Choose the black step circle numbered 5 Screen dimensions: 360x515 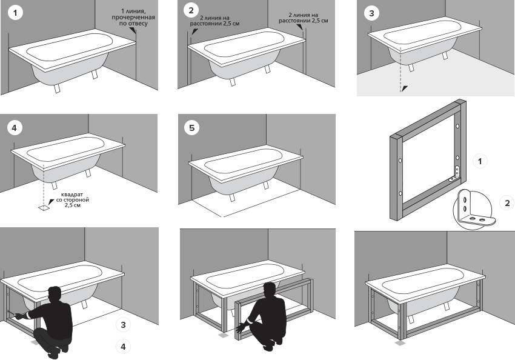pos(193,128)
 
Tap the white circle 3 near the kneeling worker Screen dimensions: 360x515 pos(124,325)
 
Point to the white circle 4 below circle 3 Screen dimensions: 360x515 pos(124,347)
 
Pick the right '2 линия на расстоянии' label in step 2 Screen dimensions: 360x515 pos(303,16)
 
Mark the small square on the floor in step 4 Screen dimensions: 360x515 pos(44,207)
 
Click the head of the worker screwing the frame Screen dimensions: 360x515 pos(55,294)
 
